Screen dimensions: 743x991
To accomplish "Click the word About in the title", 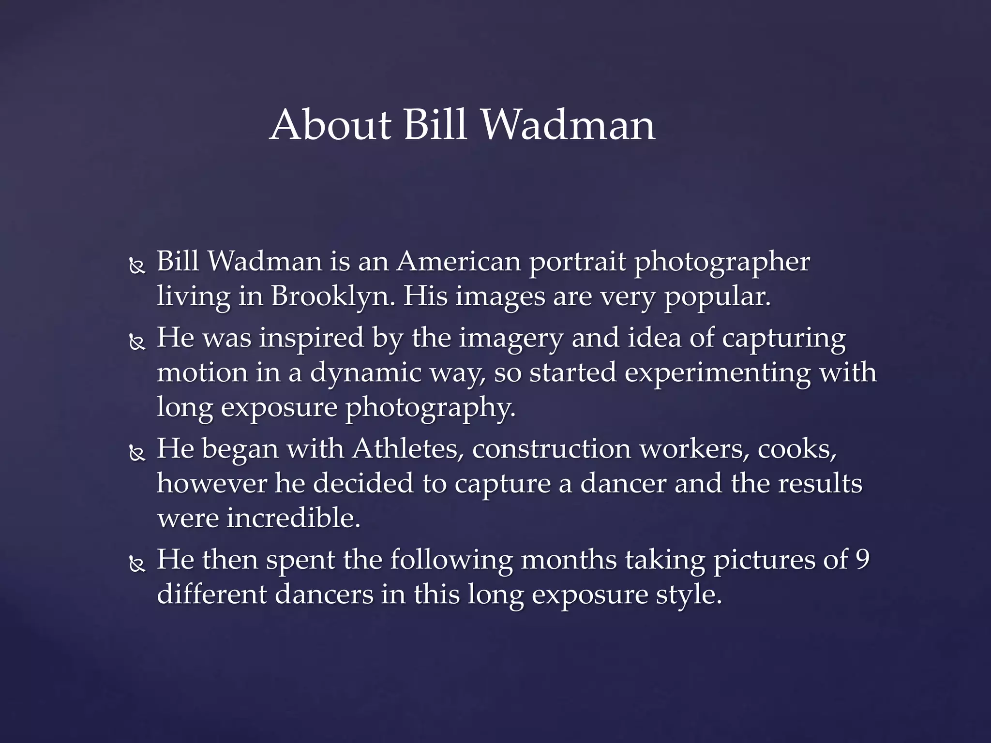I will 330,125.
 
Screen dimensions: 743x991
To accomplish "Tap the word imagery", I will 511,339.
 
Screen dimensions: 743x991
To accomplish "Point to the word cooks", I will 796,449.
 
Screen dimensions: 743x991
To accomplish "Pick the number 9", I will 862,560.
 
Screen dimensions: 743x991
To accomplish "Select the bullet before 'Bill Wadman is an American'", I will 137,267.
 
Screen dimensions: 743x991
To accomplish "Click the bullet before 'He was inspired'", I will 137,342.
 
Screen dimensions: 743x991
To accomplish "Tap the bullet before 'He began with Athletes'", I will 137,453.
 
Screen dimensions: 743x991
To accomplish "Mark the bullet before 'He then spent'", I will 137,564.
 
